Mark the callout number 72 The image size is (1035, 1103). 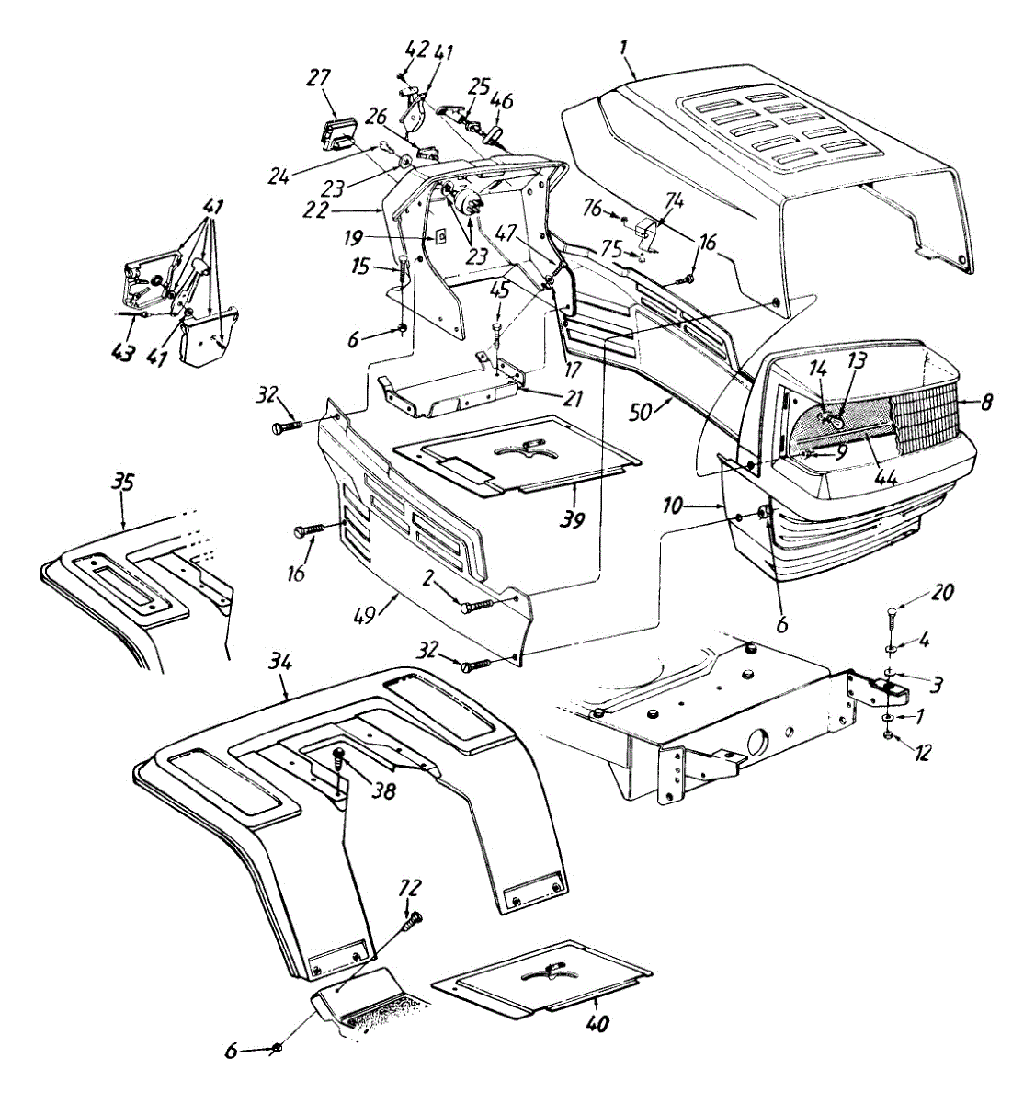(x=409, y=890)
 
